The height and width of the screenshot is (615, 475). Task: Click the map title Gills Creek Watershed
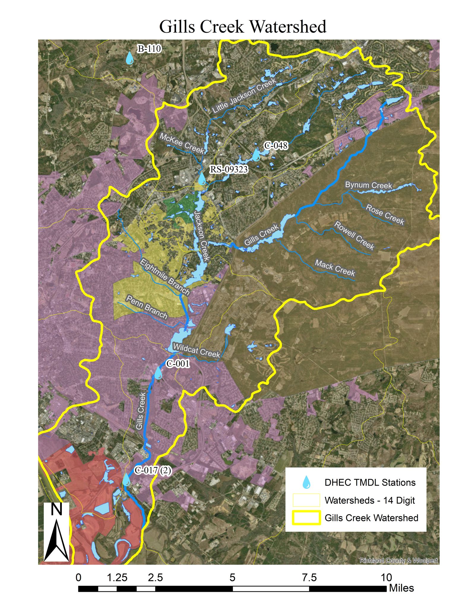pyautogui.click(x=243, y=27)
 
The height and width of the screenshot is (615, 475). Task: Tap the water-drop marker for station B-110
pyautogui.click(x=129, y=59)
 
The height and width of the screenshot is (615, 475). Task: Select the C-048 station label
pyautogui.click(x=276, y=146)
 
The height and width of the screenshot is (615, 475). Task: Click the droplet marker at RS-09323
pyautogui.click(x=202, y=179)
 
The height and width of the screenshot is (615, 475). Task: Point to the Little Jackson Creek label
pyautogui.click(x=244, y=96)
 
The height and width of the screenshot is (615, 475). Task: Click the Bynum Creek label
pyautogui.click(x=368, y=185)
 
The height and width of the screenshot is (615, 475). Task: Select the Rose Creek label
pyautogui.click(x=385, y=214)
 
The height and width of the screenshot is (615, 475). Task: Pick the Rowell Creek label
pyautogui.click(x=354, y=235)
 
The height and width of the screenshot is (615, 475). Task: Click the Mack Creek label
pyautogui.click(x=335, y=268)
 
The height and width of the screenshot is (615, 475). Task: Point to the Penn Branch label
pyautogui.click(x=147, y=307)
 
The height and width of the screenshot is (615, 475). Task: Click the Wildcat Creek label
pyautogui.click(x=197, y=350)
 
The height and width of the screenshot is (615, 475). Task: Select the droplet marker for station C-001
pyautogui.click(x=158, y=373)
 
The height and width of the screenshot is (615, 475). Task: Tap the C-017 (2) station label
pyautogui.click(x=153, y=471)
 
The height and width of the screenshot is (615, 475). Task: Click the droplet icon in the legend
pyautogui.click(x=306, y=482)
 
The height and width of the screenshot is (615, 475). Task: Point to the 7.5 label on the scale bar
pyautogui.click(x=309, y=578)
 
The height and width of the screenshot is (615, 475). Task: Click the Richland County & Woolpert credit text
pyautogui.click(x=398, y=560)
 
